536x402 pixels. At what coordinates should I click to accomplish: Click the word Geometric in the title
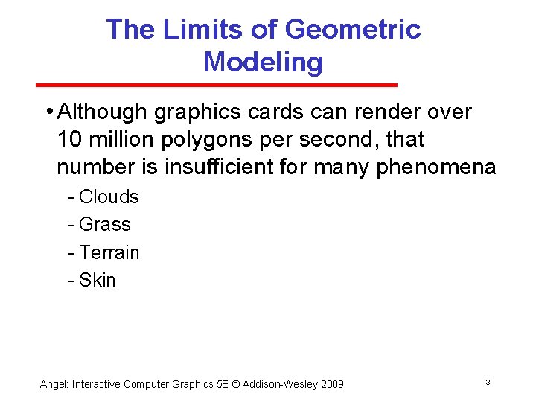click(353, 30)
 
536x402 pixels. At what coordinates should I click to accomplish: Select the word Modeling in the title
click(263, 62)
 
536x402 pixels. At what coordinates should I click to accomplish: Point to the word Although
click(103, 112)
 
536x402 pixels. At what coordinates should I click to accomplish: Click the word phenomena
click(435, 167)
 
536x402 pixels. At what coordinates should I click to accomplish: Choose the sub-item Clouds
click(109, 197)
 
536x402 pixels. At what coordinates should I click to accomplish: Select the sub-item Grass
click(104, 224)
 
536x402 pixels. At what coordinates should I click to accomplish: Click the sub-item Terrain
click(109, 252)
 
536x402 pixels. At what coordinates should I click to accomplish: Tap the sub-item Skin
click(98, 280)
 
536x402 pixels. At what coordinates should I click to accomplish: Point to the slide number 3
click(488, 383)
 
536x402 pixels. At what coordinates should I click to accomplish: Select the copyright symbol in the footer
click(237, 384)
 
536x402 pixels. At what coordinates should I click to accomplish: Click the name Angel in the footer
click(53, 384)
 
